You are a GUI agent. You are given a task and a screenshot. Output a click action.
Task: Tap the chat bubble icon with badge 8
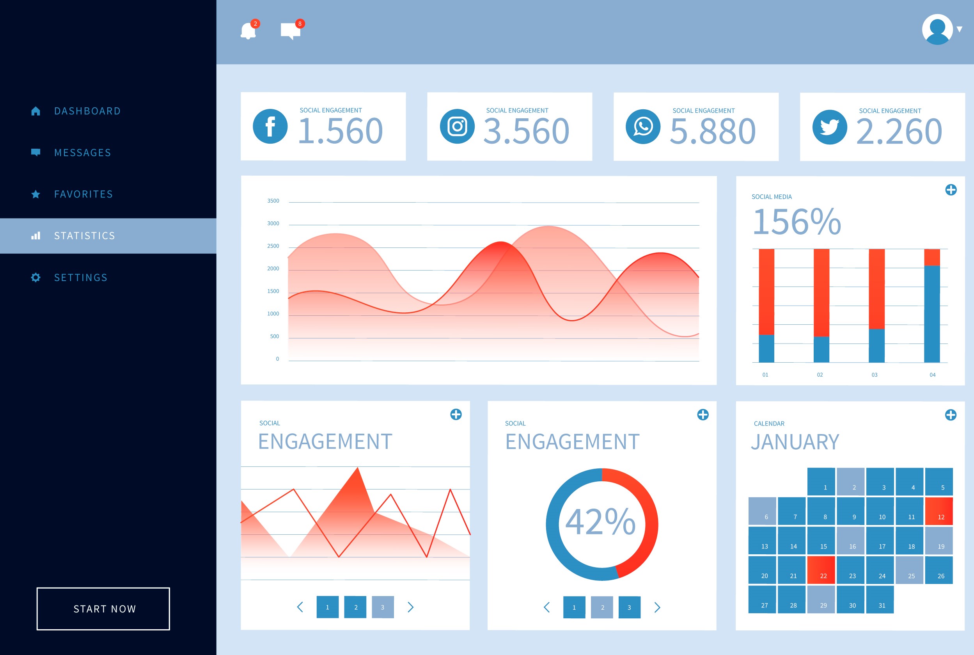[x=290, y=31]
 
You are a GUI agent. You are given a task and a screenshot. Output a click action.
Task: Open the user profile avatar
[x=937, y=29]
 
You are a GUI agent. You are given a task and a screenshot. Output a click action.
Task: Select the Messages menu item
[x=83, y=153]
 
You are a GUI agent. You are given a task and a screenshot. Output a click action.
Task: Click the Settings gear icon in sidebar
[x=36, y=278]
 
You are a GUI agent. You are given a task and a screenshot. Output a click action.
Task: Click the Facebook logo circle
[x=270, y=126]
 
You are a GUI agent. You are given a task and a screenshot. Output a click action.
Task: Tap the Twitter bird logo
[x=830, y=127]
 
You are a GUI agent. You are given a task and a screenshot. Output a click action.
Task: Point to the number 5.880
[x=712, y=131]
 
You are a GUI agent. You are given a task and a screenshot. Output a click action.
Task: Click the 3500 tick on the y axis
[x=273, y=201]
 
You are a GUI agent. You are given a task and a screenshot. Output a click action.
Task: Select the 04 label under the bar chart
[x=932, y=375]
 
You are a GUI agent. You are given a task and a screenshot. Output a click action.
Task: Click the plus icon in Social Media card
[x=951, y=190]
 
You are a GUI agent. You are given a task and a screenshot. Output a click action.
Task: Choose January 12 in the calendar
[x=939, y=511]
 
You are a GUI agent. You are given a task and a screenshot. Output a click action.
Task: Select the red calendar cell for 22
[x=821, y=570]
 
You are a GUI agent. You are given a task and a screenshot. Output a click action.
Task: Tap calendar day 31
[x=880, y=600]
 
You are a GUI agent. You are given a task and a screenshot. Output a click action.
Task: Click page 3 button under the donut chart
[x=629, y=607]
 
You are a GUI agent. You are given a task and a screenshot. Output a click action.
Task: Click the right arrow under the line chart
[x=411, y=607]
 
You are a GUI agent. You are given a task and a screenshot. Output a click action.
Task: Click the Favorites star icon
[x=36, y=194]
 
